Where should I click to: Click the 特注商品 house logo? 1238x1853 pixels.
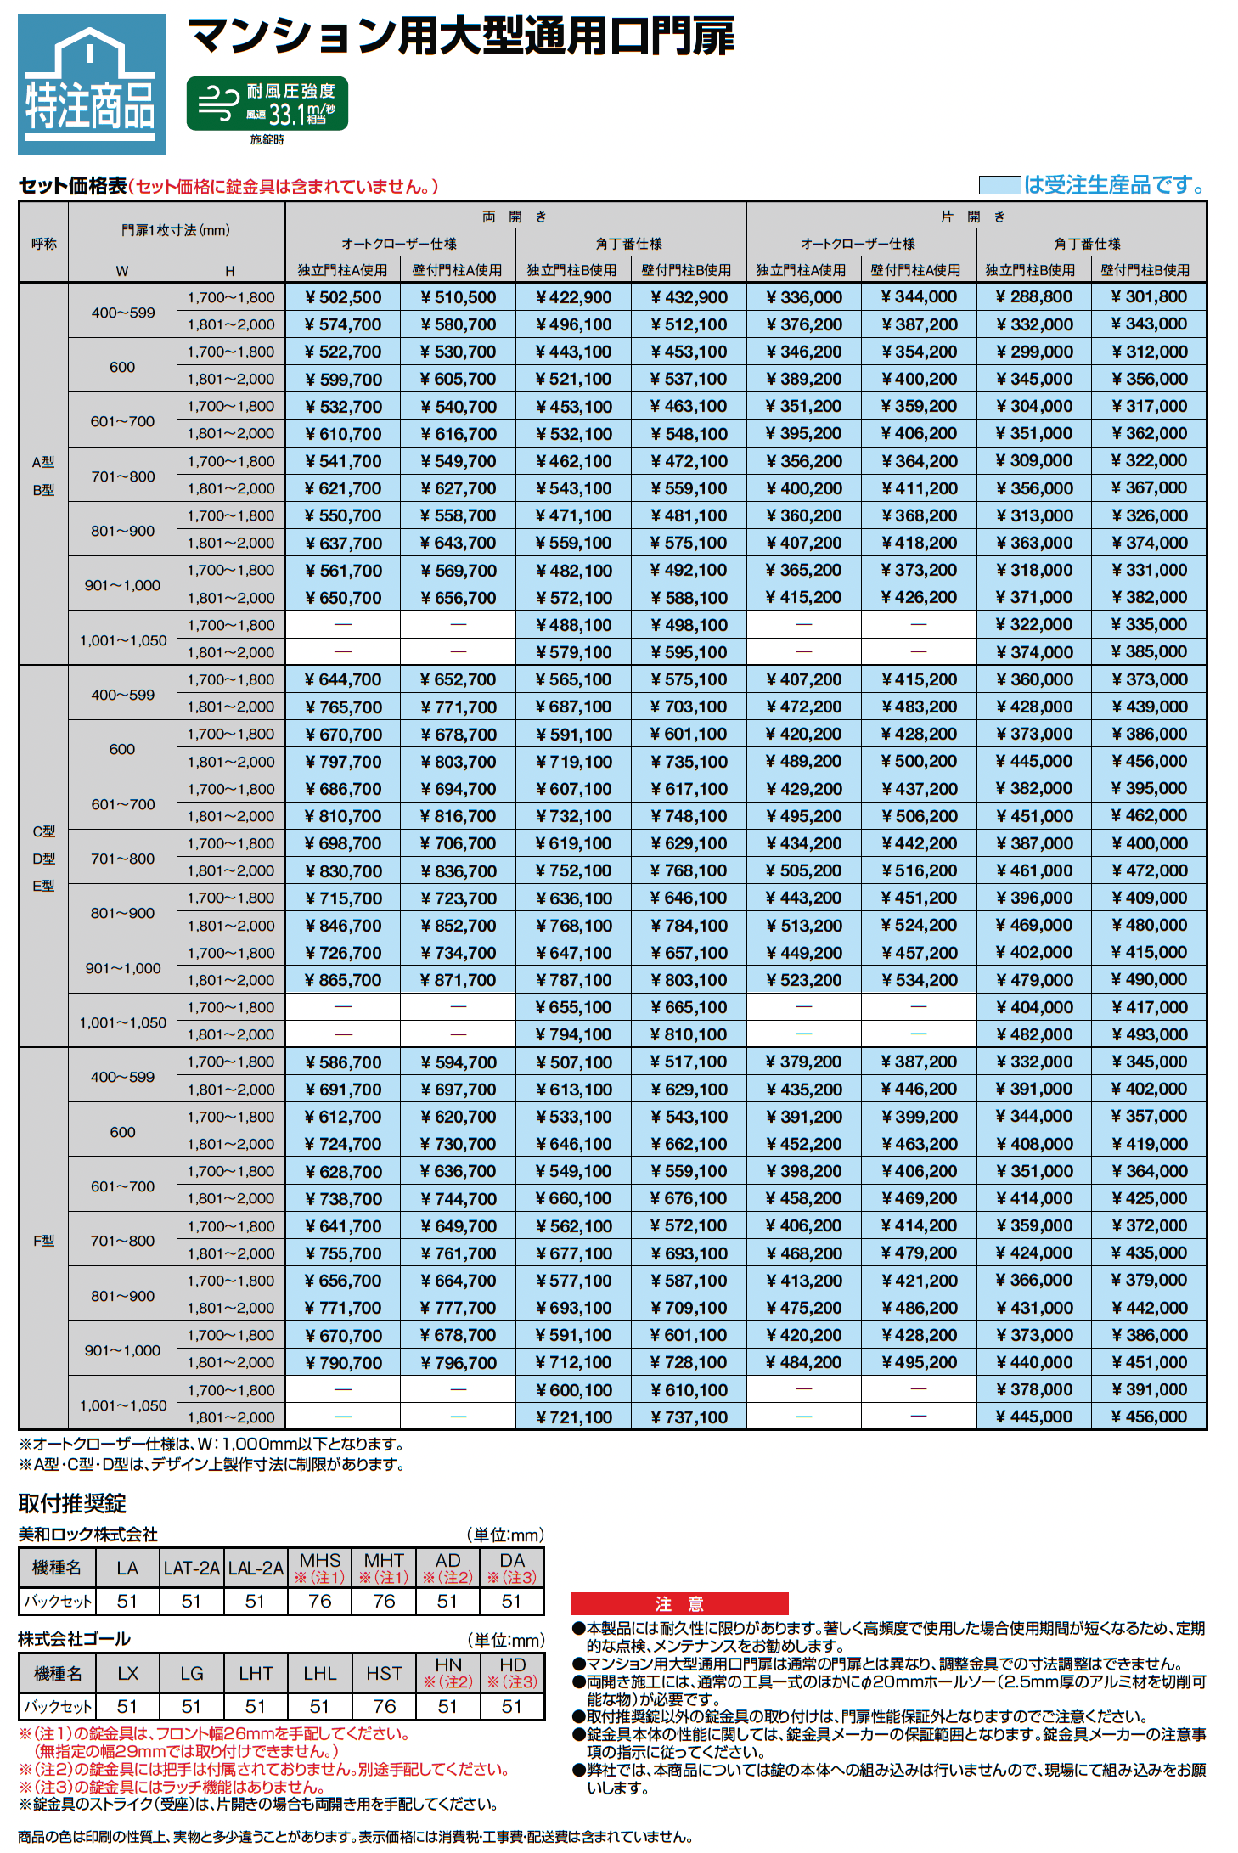tap(92, 84)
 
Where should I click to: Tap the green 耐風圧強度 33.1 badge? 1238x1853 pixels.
tap(267, 104)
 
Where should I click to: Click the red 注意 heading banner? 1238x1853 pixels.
tap(679, 1603)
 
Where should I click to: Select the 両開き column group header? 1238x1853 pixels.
tap(515, 217)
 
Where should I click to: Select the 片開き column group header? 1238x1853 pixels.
tap(975, 217)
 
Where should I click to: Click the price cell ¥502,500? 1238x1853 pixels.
tap(343, 297)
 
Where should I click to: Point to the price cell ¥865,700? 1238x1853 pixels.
tap(343, 980)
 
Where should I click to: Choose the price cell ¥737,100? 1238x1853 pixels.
tap(689, 1417)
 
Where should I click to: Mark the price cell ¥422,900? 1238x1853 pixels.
tap(573, 297)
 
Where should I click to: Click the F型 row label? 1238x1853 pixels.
tap(43, 1241)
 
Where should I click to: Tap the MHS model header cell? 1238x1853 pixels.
tap(320, 1568)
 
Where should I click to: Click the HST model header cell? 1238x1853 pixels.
tap(384, 1673)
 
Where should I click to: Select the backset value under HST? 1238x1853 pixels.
tap(384, 1706)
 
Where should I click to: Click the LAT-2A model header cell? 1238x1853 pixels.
tap(192, 1568)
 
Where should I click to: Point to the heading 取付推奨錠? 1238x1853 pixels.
tap(72, 1504)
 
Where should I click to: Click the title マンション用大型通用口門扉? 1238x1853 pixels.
tap(460, 37)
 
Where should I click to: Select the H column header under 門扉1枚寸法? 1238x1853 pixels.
tap(230, 271)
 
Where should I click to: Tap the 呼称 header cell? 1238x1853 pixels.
tap(43, 244)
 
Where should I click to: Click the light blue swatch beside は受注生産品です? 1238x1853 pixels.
tap(999, 185)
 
